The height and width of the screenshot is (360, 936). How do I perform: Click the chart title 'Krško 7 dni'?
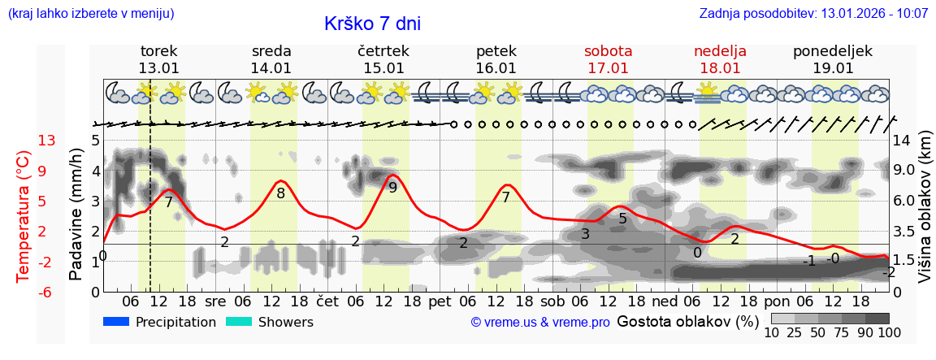372,24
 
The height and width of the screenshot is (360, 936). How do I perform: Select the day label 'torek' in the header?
158,51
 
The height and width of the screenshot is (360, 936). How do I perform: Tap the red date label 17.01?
608,68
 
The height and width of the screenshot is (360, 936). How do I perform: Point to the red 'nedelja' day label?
720,51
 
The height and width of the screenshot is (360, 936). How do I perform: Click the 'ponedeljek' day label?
833,51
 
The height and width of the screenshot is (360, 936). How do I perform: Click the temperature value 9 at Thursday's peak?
393,188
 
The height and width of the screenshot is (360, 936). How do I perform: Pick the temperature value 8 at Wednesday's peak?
280,193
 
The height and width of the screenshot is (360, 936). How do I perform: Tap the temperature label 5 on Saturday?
622,219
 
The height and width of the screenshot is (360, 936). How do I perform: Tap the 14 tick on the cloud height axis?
904,141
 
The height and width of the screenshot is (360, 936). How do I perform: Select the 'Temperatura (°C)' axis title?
23,216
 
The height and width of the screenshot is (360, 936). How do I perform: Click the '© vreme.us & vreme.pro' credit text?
540,323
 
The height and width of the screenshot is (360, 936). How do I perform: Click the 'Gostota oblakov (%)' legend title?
687,321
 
